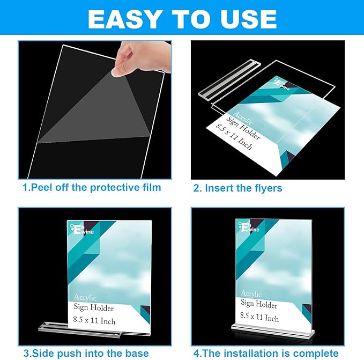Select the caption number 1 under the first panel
25,188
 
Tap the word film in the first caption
149,188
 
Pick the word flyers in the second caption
265,188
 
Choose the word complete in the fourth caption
317,353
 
